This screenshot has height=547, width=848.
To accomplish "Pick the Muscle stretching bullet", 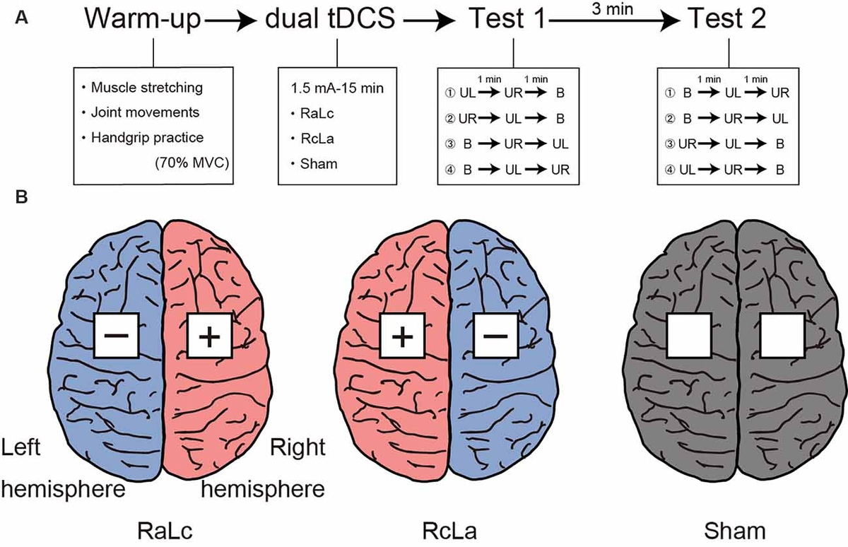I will click(142, 88).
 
